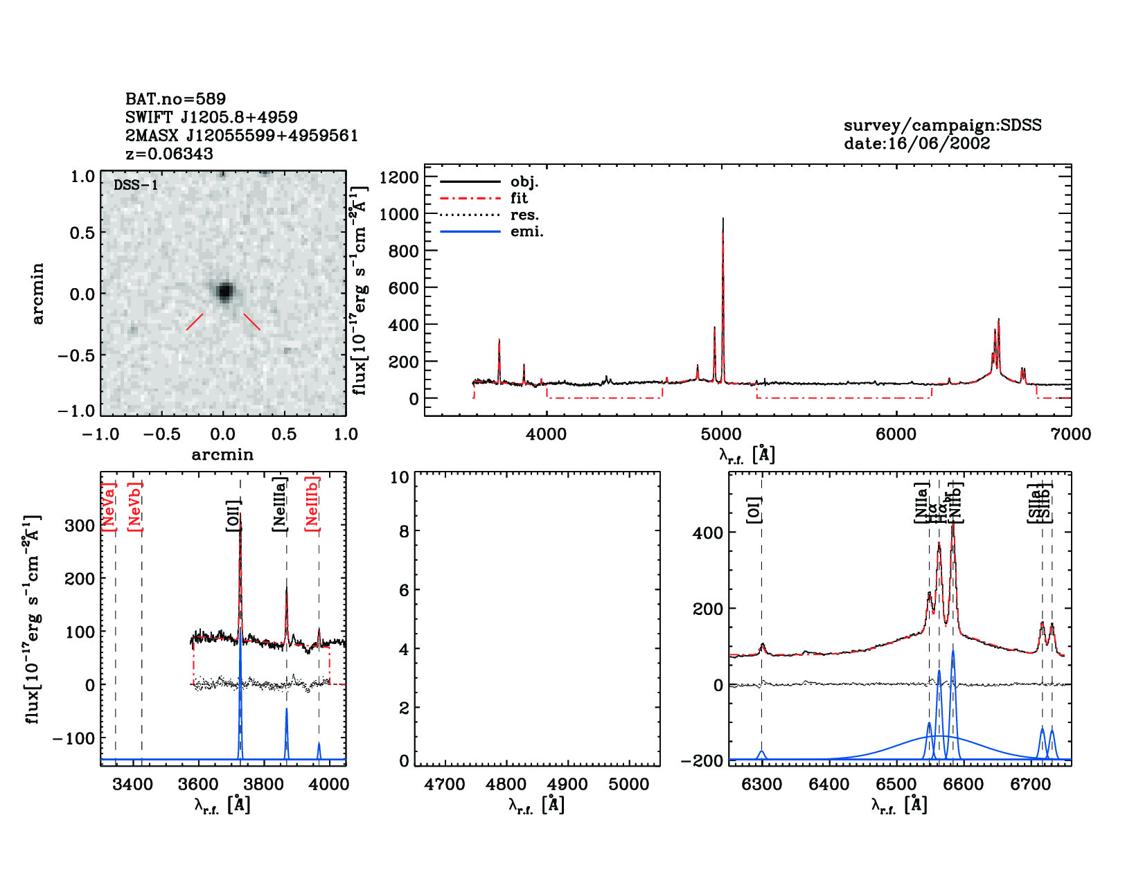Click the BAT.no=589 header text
(x=175, y=99)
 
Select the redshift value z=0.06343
(x=169, y=154)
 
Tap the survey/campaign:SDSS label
(x=942, y=125)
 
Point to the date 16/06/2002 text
(x=916, y=143)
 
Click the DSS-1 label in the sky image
(x=136, y=185)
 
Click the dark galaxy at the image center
(x=224, y=292)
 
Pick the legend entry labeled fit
(x=519, y=198)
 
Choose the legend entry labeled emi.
(x=526, y=231)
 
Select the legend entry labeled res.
(x=524, y=215)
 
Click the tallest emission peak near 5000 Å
(x=723, y=220)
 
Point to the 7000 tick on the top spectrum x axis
(x=1070, y=434)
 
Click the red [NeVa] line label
(x=109, y=506)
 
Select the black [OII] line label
(x=233, y=515)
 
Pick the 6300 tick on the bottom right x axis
(x=761, y=785)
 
